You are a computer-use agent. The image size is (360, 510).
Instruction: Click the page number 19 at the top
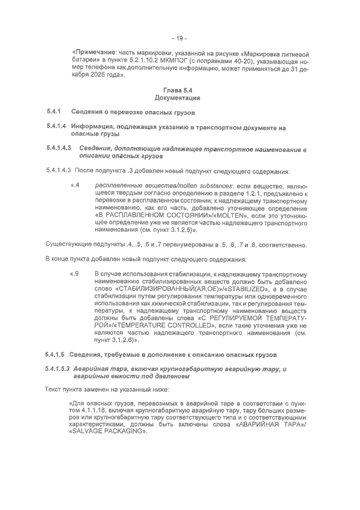point(179,38)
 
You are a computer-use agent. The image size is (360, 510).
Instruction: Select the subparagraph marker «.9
point(74,274)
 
